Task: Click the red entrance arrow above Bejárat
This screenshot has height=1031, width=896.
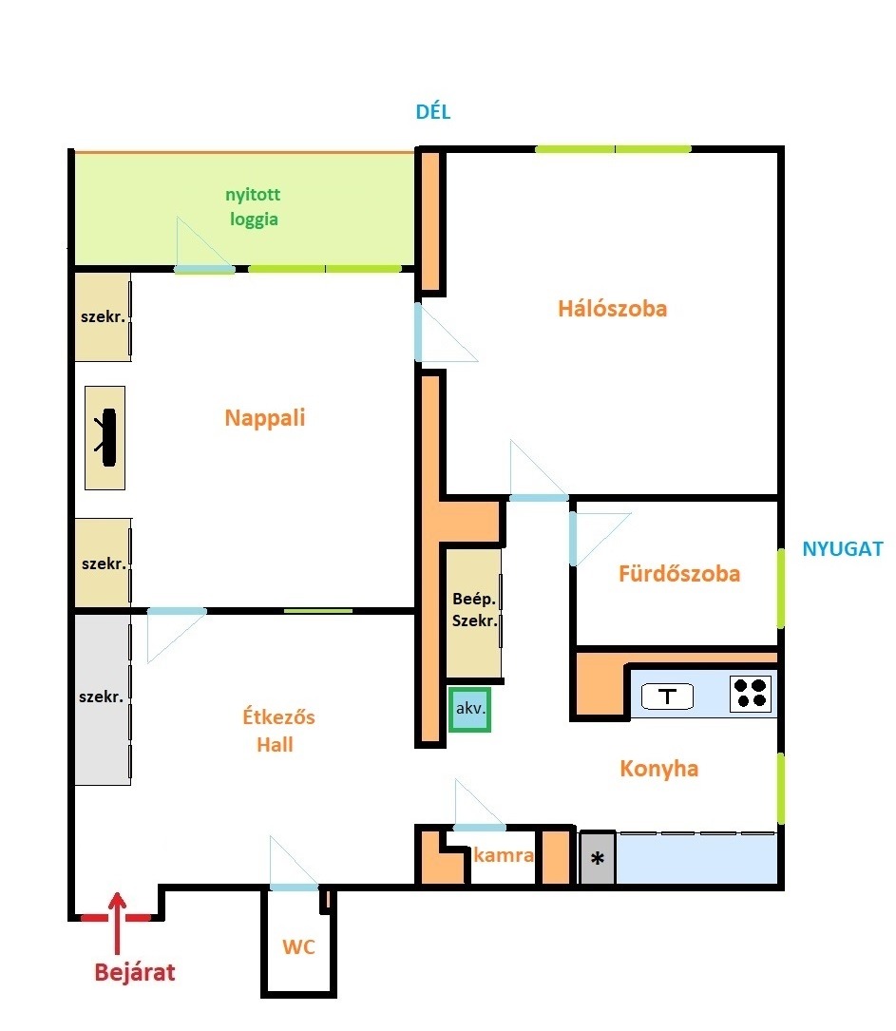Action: (117, 923)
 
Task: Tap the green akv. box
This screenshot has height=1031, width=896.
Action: (470, 709)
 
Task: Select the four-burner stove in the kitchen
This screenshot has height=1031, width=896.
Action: (751, 693)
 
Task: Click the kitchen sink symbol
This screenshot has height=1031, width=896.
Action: (667, 697)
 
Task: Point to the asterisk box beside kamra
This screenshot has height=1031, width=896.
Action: (598, 858)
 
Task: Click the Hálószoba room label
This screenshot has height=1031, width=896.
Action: (613, 309)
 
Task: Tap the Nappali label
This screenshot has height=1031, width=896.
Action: (265, 417)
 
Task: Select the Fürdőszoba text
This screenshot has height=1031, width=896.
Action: (679, 573)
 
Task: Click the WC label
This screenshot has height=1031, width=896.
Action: (298, 946)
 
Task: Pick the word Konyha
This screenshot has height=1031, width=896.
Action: (658, 768)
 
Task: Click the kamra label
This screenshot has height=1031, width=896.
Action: (504, 855)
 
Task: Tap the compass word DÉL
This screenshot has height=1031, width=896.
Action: (433, 112)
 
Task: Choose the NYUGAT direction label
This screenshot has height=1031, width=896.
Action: (843, 548)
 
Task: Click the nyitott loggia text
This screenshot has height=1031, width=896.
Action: (253, 206)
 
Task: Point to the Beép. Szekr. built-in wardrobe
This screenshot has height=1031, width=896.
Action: (474, 613)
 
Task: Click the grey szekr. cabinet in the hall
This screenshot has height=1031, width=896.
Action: (103, 699)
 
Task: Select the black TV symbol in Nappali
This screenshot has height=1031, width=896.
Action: (107, 437)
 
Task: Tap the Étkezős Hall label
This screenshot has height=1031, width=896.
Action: (278, 731)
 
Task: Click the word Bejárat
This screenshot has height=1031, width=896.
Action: (135, 972)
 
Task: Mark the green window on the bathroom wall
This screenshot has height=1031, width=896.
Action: (781, 588)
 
